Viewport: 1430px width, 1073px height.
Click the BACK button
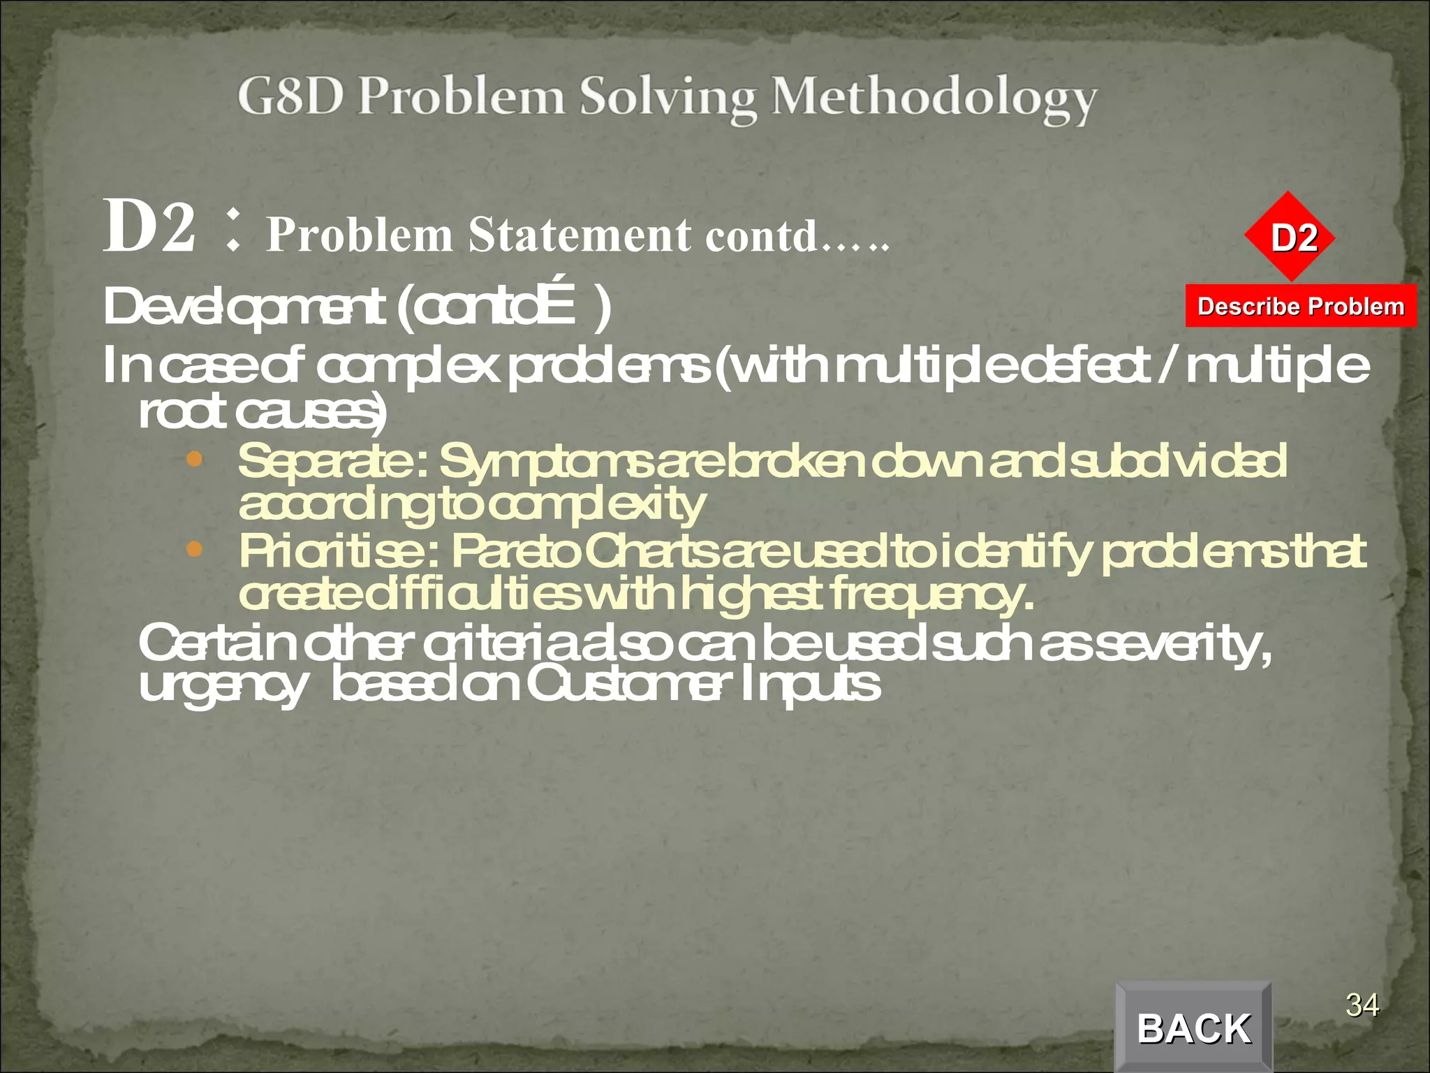(x=1194, y=1028)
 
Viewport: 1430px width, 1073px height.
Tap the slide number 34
(x=1362, y=1005)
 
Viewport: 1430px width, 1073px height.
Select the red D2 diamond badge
(x=1290, y=237)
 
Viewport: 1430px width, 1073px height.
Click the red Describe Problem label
(x=1301, y=306)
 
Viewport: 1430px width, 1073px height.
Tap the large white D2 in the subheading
(x=149, y=226)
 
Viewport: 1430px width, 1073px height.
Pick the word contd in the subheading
(x=761, y=235)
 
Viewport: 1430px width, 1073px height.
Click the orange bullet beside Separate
(x=195, y=460)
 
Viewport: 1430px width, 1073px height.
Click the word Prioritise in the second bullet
(x=335, y=552)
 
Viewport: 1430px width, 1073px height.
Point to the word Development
(x=244, y=307)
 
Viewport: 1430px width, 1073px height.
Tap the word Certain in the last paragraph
(x=216, y=643)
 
